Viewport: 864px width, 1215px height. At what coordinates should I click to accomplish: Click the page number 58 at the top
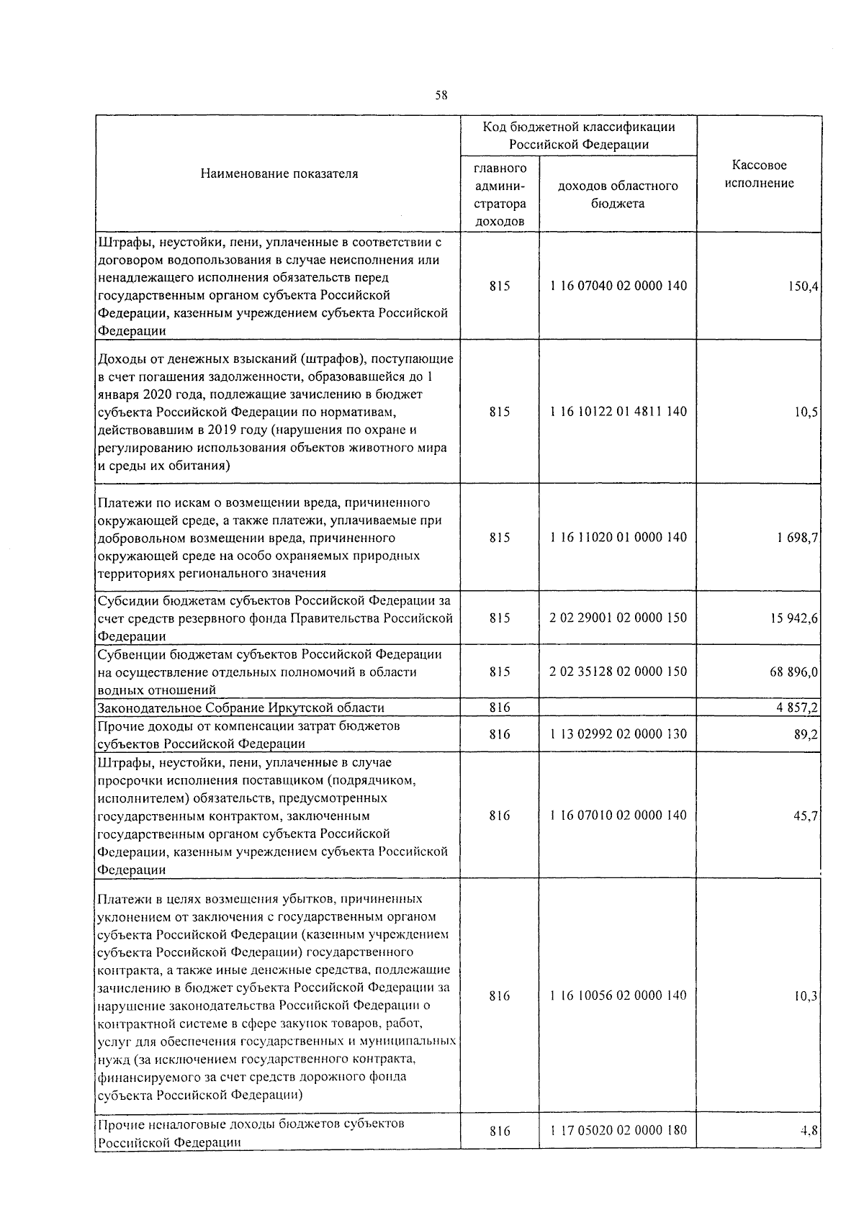coord(441,95)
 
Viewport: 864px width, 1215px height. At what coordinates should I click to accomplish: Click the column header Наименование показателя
coord(279,173)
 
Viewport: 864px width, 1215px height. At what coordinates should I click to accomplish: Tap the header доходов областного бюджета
coord(618,194)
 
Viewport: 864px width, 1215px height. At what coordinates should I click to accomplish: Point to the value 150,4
coord(804,286)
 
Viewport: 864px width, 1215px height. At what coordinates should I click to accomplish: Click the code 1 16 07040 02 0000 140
coord(618,286)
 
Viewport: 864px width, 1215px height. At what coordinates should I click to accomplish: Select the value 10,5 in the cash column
coord(806,412)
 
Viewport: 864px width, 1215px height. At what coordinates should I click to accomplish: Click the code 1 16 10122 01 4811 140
coord(618,412)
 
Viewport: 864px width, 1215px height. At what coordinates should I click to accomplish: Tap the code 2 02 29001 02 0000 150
coord(618,618)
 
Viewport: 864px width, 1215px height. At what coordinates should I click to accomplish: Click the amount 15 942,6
coord(794,618)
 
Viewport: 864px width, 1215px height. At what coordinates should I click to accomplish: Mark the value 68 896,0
coord(794,672)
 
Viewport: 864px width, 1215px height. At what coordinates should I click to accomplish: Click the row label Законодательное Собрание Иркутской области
coord(241,708)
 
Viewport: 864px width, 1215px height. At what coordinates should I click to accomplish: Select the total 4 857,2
coord(797,708)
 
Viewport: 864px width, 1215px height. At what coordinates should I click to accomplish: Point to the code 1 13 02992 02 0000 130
coord(618,734)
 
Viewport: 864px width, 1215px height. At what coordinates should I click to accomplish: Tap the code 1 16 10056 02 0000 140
coord(618,995)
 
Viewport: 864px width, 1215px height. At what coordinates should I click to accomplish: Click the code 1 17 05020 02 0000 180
coord(618,1130)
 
